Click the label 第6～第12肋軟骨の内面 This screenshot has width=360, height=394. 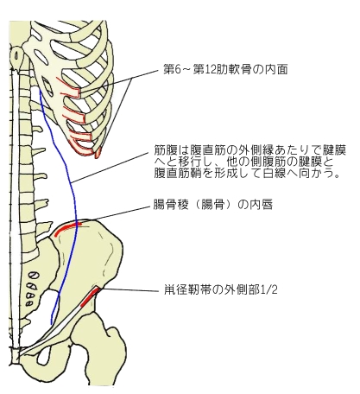coord(225,69)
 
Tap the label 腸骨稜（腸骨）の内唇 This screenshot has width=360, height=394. coord(213,205)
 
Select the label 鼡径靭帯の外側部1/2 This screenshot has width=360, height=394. coord(221,289)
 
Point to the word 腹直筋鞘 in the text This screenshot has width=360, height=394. coord(175,174)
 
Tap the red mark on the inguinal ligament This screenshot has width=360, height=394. coord(91,296)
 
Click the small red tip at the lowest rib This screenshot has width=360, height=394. coord(98,152)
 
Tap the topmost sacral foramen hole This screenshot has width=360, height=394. coord(34,276)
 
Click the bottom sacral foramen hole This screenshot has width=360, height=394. coord(28,303)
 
